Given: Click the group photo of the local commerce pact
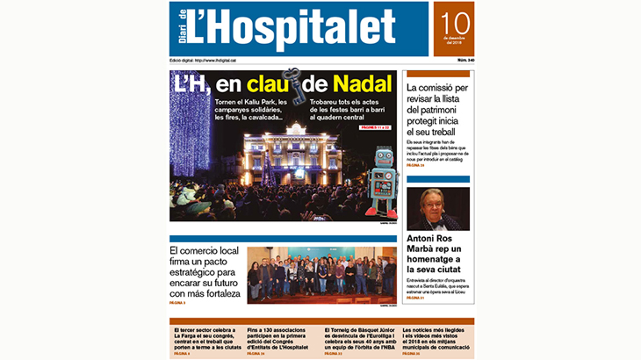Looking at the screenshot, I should click(x=321, y=275).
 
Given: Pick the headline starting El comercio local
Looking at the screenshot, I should click(x=205, y=272).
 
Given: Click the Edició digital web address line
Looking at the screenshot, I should click(x=203, y=60).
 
